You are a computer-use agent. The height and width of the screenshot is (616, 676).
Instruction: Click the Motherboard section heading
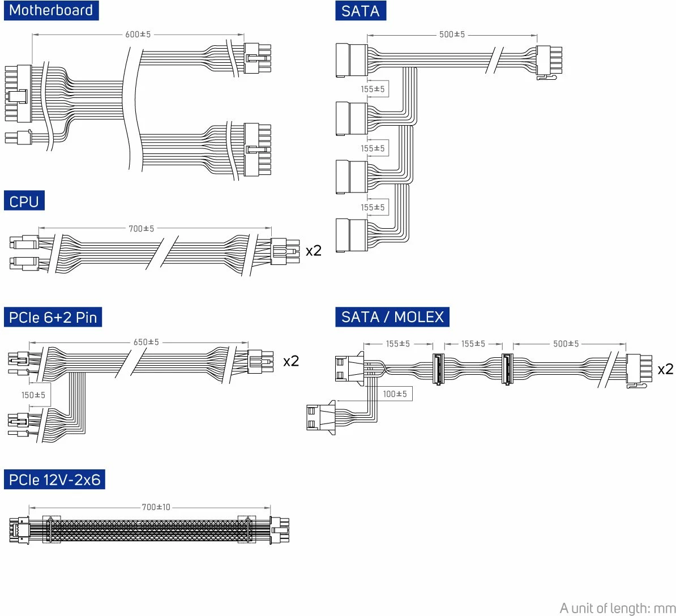tap(51, 11)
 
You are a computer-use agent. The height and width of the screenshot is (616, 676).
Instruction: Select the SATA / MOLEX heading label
tap(392, 316)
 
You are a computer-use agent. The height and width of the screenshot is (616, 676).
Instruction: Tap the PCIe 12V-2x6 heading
tap(54, 480)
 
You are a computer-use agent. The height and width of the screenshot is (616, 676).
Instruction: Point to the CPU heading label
tap(24, 202)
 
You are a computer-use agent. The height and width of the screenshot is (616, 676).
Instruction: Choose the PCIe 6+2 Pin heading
tap(53, 318)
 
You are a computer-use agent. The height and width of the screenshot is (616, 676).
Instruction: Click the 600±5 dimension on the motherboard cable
tap(138, 35)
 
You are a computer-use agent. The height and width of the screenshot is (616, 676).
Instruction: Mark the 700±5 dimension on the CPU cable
tap(142, 229)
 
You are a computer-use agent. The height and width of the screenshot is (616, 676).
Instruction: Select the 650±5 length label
tap(146, 343)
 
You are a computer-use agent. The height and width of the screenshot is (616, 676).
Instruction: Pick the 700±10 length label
tap(156, 507)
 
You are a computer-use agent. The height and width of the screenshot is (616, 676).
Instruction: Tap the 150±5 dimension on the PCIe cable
tap(33, 395)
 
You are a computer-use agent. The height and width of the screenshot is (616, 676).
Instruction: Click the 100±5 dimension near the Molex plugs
tap(395, 393)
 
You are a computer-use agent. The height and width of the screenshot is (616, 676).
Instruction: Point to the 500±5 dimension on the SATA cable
tap(452, 35)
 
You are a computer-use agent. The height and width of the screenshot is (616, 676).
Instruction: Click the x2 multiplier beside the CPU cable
tap(313, 251)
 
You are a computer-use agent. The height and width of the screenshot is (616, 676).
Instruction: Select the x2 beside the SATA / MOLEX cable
tap(665, 370)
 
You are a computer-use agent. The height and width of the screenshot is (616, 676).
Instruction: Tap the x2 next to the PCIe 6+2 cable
tap(291, 361)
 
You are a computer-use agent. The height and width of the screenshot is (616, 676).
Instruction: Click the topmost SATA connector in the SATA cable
tap(351, 60)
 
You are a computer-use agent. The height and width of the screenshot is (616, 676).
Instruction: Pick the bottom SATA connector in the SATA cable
tap(351, 235)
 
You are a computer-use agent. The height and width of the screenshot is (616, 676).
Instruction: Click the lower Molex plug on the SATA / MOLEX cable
tap(320, 418)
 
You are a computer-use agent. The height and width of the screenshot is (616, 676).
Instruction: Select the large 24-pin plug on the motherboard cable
tap(19, 93)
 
